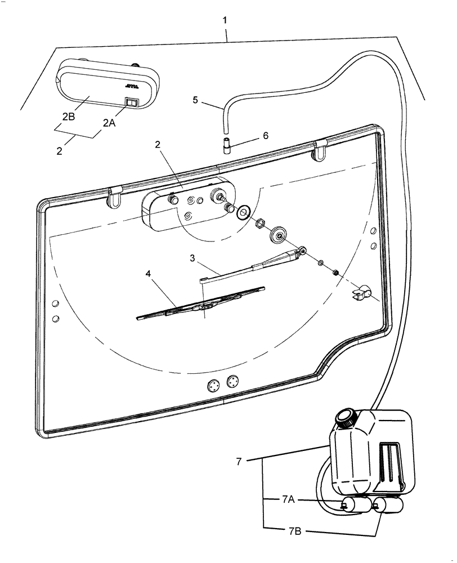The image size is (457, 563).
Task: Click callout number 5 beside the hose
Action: (195, 100)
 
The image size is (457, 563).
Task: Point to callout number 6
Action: (266, 136)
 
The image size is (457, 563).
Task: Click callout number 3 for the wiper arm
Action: (192, 258)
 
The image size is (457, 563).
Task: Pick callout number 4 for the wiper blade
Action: (149, 274)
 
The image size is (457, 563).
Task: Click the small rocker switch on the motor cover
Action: (131, 102)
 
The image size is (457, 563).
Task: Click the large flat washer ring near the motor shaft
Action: (244, 213)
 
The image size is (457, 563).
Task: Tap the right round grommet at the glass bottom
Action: (232, 382)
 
